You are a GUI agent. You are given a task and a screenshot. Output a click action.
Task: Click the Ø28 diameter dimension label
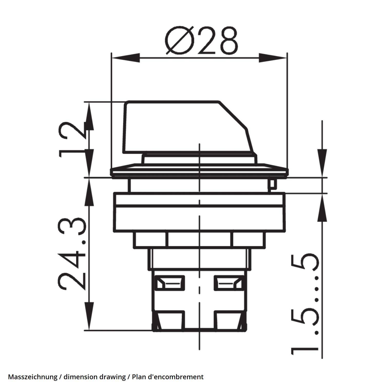[x=201, y=41]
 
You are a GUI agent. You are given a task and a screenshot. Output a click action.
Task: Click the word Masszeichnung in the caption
[x=33, y=377]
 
